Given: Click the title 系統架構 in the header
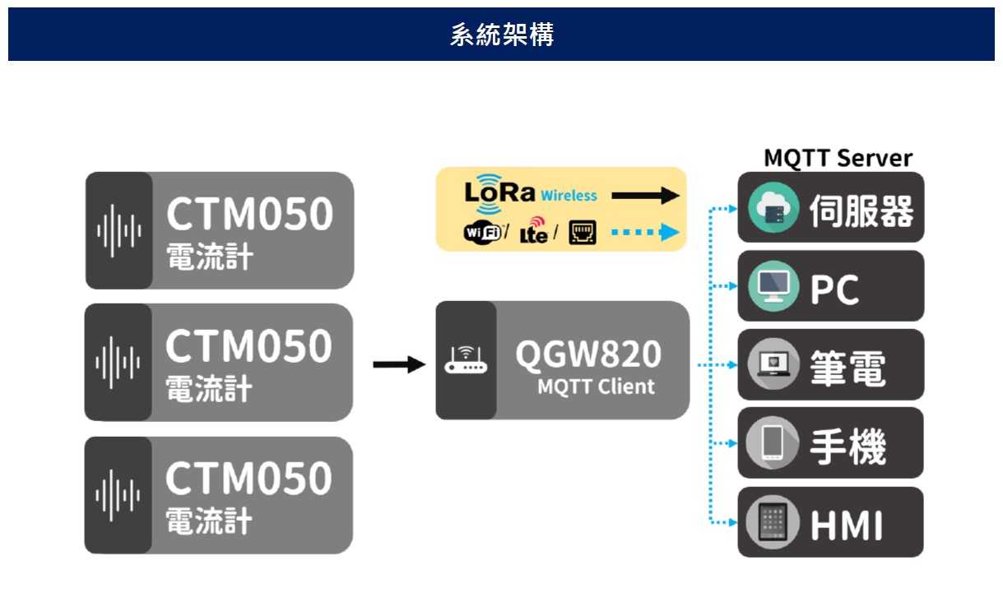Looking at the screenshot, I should (x=501, y=35).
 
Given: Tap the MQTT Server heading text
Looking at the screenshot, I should (x=838, y=158).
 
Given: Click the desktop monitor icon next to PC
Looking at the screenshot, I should (x=773, y=287).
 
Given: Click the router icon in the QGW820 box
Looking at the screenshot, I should (x=465, y=360).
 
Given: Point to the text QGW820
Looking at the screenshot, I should (x=588, y=354).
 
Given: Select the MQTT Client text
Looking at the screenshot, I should (x=596, y=387).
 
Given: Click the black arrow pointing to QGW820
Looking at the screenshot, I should (x=399, y=364).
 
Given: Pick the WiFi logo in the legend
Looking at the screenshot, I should (x=483, y=233).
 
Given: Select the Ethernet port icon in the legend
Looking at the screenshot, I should (x=583, y=233).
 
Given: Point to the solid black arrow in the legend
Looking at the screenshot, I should (x=645, y=196).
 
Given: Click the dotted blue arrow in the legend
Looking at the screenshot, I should (x=645, y=233).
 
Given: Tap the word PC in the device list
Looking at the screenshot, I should (x=834, y=289).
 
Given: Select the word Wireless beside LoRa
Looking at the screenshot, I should (x=569, y=196).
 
